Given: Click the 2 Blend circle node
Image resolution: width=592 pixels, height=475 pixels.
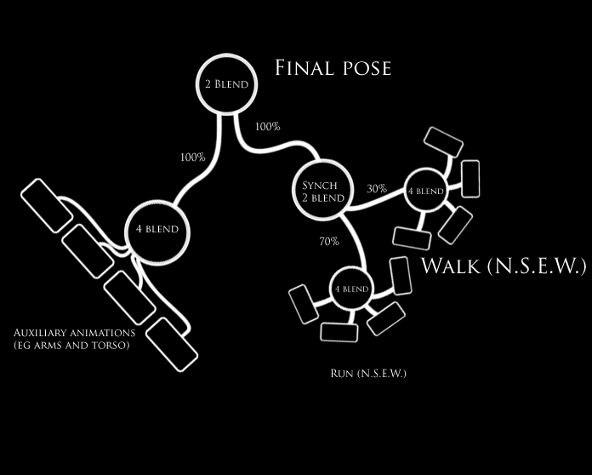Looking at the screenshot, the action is coord(226,84).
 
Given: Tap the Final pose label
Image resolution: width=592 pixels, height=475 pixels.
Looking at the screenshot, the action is coord(333,68).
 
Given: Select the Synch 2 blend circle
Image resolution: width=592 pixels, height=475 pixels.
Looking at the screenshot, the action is coord(320,191).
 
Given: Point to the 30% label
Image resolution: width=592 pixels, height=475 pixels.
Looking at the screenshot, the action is coord(377,188).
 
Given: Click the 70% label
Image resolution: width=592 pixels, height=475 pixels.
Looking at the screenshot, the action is coord(329,241).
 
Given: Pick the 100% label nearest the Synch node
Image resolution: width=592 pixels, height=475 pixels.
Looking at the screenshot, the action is coord(268,127).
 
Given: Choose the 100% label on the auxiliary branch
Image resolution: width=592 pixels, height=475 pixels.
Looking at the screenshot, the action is coord(192,157).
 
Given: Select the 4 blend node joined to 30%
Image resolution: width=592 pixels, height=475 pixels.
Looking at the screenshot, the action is coord(426,192).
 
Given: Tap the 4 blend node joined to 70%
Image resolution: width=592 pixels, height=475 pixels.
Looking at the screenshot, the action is coord(350,289).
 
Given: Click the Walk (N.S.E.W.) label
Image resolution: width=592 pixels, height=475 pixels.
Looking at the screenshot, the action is coord(504,266).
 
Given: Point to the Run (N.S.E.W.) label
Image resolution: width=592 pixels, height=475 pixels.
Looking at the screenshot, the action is coord(368,373).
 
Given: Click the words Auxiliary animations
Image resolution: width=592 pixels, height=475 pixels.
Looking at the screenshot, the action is coord(74,332).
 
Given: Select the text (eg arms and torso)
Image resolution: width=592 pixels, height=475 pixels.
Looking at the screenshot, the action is coord(71,345).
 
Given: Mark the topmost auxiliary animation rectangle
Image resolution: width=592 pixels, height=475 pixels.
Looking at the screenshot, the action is coord(47,205).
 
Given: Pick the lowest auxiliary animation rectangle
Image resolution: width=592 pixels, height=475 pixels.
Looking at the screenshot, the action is coord(172,344).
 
